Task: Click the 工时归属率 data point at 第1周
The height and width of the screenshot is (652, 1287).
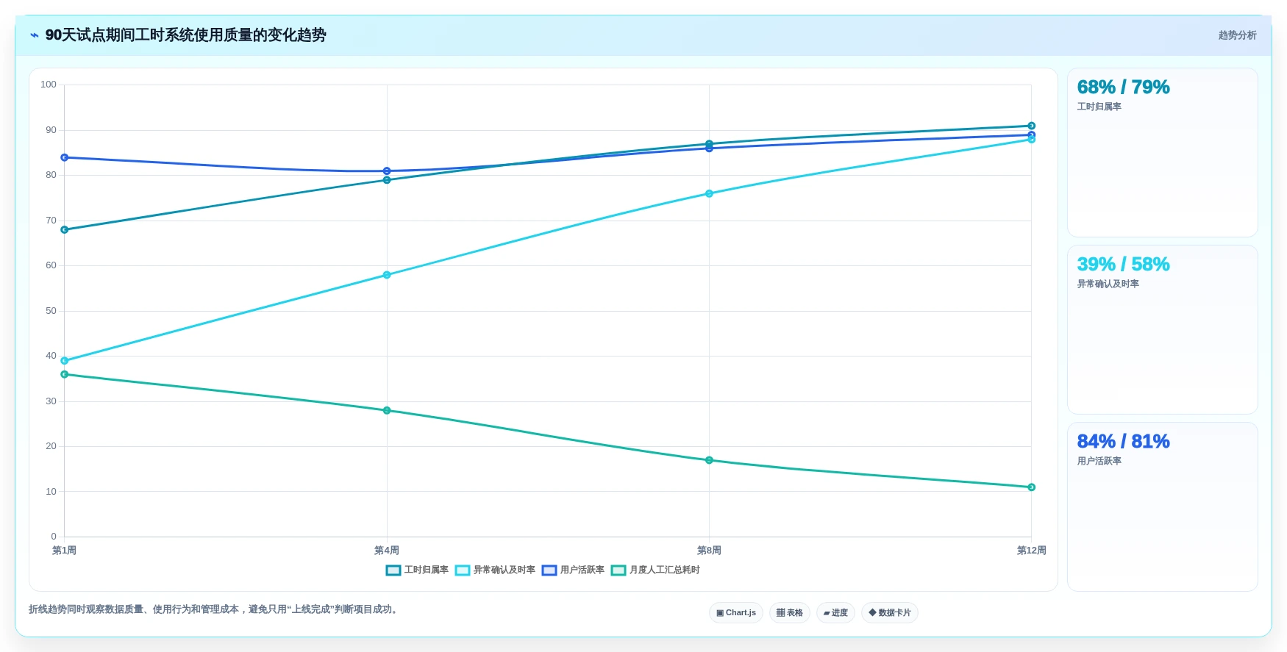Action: [x=65, y=230]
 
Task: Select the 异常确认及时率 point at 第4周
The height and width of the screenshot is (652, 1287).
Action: [x=387, y=275]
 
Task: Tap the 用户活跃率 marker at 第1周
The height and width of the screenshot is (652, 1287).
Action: [x=65, y=157]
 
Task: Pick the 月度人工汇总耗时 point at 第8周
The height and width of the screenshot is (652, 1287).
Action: [x=709, y=460]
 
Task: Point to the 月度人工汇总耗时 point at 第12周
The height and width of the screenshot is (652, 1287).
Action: [x=1031, y=487]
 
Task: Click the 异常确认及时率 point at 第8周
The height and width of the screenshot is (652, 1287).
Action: [x=709, y=194]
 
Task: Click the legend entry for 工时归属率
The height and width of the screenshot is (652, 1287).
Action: [x=417, y=570]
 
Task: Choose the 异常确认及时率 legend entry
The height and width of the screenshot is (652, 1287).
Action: [x=495, y=570]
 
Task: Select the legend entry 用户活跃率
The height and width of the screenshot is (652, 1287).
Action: [x=573, y=570]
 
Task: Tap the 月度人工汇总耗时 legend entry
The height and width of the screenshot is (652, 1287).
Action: [x=655, y=570]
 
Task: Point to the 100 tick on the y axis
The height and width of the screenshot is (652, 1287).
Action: [x=49, y=85]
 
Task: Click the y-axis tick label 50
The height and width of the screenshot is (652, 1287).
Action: [x=51, y=311]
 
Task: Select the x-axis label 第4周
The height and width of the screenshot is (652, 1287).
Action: [x=387, y=551]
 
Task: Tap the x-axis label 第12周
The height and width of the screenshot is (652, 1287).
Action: [x=1031, y=551]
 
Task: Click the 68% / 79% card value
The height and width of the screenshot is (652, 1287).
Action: [x=1123, y=87]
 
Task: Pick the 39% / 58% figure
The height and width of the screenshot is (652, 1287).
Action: [x=1123, y=265]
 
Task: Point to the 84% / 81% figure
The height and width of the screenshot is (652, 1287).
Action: [x=1123, y=442]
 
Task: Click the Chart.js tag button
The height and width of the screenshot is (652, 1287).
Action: [x=736, y=613]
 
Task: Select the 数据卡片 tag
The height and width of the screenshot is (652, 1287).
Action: [x=890, y=613]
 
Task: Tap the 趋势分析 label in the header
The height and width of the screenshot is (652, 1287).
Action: [x=1237, y=35]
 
